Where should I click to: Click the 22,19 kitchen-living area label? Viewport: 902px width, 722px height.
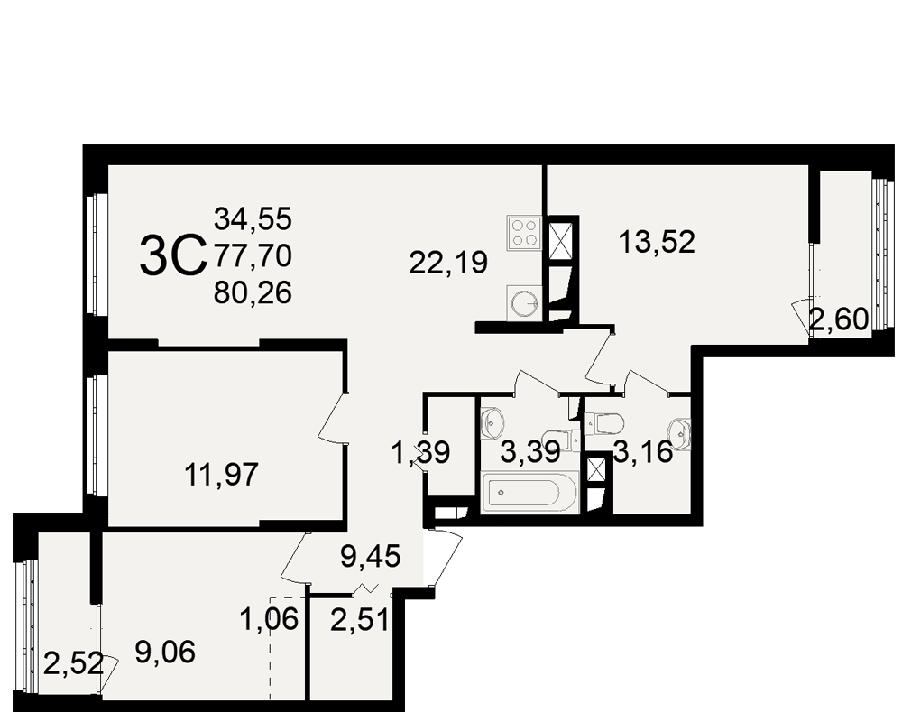448,263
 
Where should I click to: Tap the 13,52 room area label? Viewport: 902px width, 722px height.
657,242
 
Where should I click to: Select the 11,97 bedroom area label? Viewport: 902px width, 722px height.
222,476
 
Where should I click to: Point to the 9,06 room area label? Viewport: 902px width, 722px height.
165,652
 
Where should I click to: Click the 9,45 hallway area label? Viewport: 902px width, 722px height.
371,557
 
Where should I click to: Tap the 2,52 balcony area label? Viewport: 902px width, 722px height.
74,664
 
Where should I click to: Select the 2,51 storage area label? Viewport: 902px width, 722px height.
360,621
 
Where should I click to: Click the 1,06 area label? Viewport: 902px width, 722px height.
270,620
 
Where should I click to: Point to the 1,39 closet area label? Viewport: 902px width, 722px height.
420,452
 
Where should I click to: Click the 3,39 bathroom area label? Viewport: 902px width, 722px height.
530,452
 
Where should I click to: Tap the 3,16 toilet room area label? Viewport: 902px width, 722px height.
643,452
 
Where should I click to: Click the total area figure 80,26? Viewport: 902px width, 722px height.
253,293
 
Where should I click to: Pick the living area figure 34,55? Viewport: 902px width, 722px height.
253,219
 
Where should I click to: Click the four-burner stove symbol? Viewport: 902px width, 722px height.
523,233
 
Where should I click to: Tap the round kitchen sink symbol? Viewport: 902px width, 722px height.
524,303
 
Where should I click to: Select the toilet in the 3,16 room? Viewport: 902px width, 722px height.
606,424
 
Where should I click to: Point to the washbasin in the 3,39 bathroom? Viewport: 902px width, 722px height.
492,423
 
